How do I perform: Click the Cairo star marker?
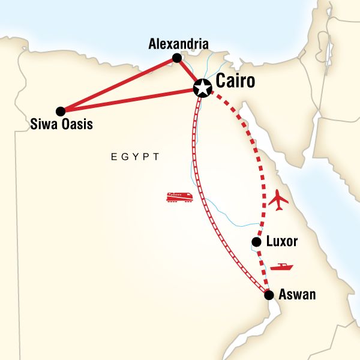click(x=203, y=89)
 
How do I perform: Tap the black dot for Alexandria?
click(x=177, y=58)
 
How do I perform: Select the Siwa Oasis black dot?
click(x=60, y=111)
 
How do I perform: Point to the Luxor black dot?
click(x=256, y=242)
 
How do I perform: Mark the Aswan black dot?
click(x=269, y=295)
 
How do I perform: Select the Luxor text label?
click(x=283, y=242)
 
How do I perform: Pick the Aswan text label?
click(x=297, y=295)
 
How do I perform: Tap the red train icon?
click(x=179, y=197)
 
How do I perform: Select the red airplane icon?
click(x=280, y=200)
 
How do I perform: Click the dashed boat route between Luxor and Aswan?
click(x=262, y=268)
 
